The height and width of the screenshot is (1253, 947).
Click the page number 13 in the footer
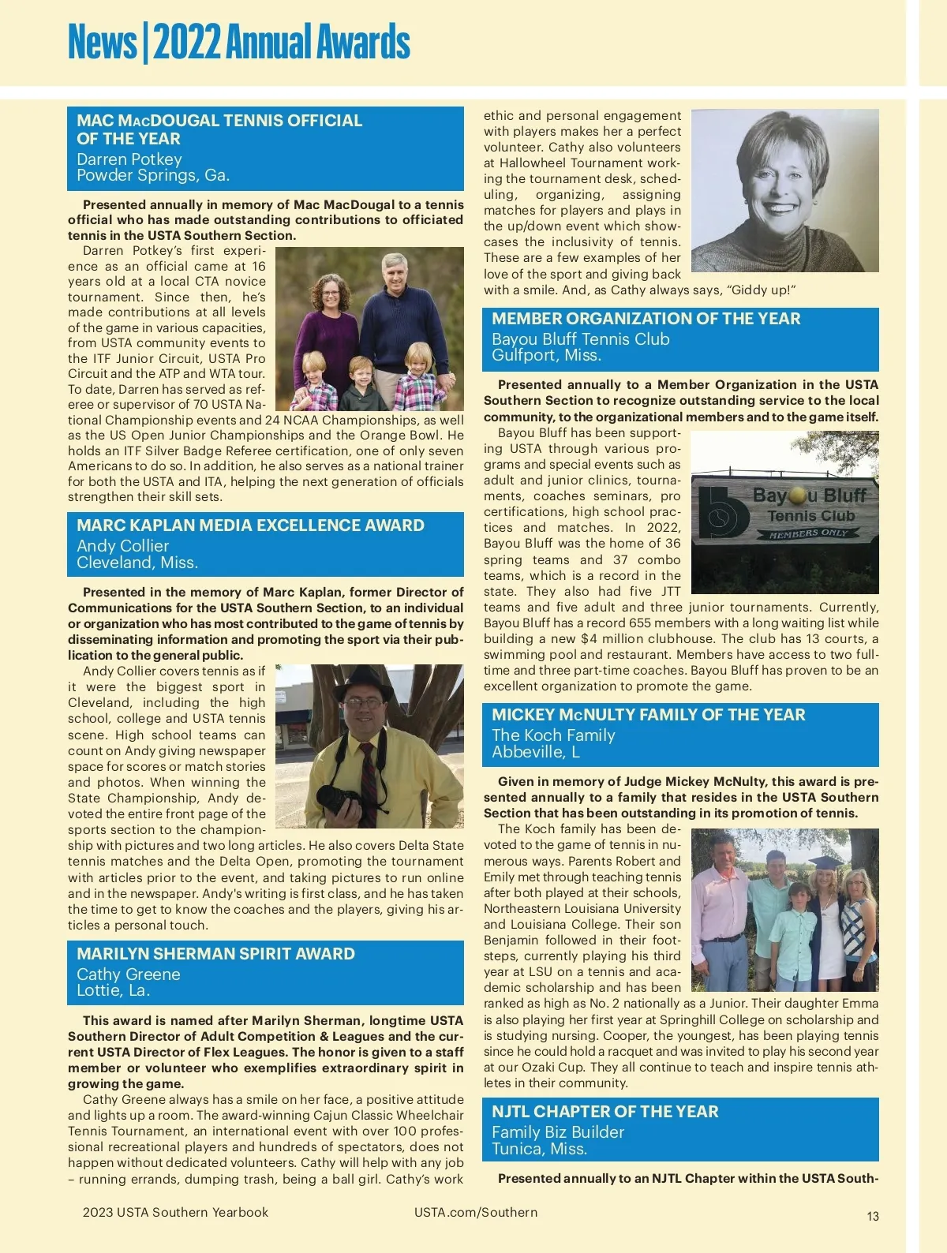872,1216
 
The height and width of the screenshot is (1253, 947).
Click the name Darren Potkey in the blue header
129,159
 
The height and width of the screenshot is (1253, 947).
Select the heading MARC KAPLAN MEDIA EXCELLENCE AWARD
250,526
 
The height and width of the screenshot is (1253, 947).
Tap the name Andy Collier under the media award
122,545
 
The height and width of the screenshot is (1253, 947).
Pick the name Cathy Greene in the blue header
128,974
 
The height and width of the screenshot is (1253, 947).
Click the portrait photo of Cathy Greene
784,190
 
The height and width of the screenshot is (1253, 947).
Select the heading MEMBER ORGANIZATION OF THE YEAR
646,319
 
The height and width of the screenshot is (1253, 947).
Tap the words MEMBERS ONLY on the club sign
808,534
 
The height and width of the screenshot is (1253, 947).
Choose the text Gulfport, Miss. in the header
546,355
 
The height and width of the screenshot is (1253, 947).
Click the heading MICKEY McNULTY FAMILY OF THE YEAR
648,715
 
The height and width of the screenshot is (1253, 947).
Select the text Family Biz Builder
557,1131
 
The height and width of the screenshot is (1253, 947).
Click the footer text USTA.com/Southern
475,1212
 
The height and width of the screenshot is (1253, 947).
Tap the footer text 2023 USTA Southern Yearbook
175,1212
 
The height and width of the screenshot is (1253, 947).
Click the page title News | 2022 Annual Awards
238,43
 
